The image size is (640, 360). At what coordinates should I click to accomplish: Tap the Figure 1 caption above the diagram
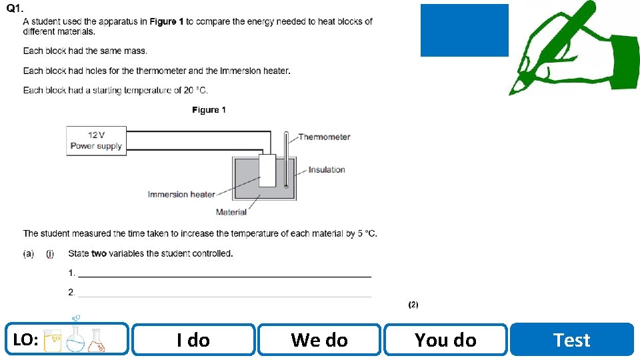(x=209, y=110)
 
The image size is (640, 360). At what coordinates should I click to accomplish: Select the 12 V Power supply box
(x=97, y=141)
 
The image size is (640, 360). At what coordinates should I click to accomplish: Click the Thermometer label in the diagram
(x=324, y=137)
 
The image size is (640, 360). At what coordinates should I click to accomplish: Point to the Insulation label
(x=327, y=170)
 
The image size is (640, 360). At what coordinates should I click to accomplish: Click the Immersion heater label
(x=181, y=195)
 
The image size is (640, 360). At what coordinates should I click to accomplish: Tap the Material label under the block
(x=231, y=212)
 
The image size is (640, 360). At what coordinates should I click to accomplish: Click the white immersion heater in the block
(x=267, y=171)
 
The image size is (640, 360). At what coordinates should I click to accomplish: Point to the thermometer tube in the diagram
(x=286, y=160)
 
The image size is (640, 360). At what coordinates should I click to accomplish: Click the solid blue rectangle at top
(x=464, y=30)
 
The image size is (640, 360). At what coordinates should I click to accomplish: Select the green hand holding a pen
(x=573, y=47)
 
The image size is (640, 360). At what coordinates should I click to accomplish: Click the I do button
(x=193, y=340)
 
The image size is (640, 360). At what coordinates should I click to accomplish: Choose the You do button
(x=445, y=340)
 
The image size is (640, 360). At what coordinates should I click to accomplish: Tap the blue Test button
(x=572, y=340)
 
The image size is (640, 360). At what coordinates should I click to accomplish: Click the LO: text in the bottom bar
(x=25, y=340)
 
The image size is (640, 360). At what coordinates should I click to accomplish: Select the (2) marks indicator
(x=413, y=305)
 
